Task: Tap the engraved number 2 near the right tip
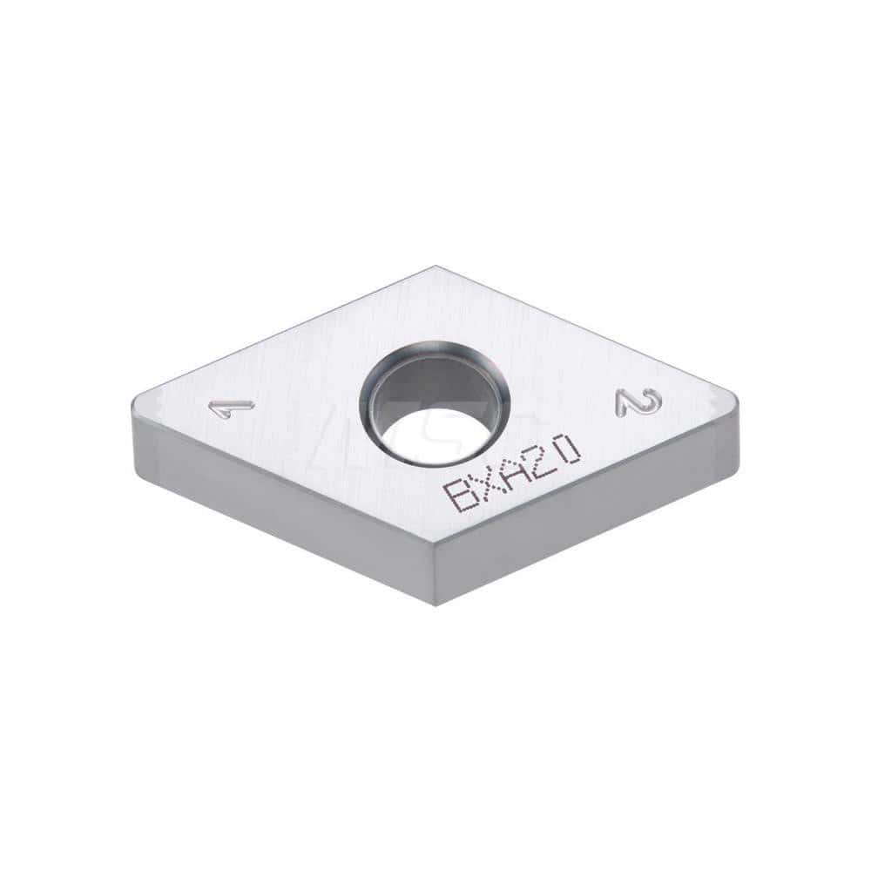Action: (x=638, y=402)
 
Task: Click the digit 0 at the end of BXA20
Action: (x=568, y=448)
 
